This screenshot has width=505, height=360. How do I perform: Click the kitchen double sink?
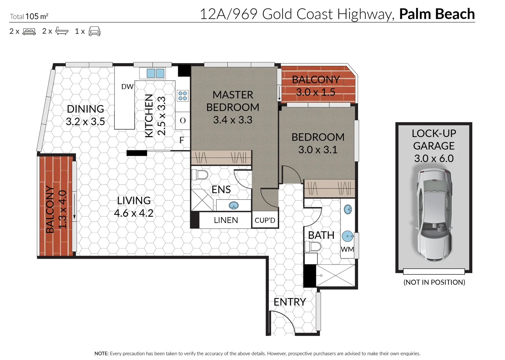point(155,73)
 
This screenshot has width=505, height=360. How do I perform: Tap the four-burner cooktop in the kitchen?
point(183,96)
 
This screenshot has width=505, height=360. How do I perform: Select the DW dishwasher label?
point(127,87)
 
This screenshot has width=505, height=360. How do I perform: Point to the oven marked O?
point(183,121)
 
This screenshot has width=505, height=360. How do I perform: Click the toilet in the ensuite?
point(200,175)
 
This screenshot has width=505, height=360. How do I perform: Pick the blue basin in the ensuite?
point(234,205)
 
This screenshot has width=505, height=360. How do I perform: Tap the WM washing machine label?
point(347,249)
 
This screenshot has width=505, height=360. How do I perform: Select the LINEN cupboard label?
point(226,220)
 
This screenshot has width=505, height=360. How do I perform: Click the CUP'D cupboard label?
point(265,220)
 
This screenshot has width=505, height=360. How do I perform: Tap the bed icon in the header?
point(29,31)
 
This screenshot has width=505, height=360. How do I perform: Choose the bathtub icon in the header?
point(62,31)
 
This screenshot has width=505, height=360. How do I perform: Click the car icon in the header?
point(95,31)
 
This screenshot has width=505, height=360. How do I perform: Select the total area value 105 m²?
point(37,16)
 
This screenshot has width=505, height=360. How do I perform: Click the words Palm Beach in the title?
point(437,14)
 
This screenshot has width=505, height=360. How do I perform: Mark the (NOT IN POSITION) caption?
point(434,282)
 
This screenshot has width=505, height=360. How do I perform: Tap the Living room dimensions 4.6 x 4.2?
point(134,213)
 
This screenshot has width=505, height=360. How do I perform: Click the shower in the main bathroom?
point(335,276)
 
